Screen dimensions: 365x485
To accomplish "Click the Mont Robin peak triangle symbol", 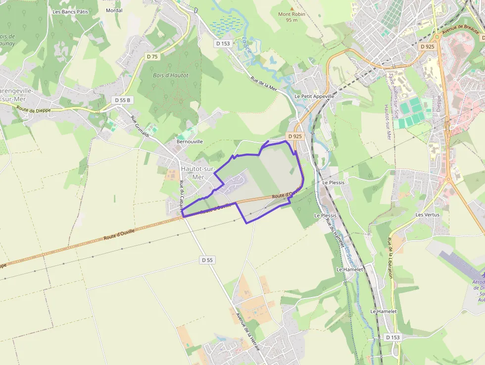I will click(292, 8).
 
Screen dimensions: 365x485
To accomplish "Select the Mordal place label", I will click(114, 10).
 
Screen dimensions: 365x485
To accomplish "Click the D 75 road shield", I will click(152, 56).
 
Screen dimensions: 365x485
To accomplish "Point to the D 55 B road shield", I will click(122, 100).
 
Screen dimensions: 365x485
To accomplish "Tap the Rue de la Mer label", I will click(263, 83).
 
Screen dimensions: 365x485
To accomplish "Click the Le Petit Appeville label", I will click(314, 96).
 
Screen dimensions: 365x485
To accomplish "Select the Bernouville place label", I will click(190, 141).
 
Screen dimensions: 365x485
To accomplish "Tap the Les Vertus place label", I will click(428, 214).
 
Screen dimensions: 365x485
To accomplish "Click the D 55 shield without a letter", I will click(208, 260).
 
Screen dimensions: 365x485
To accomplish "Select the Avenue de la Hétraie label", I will click(247, 330).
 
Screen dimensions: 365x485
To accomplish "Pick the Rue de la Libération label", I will click(390, 258).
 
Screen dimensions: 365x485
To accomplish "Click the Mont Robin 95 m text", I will click(291, 17).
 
